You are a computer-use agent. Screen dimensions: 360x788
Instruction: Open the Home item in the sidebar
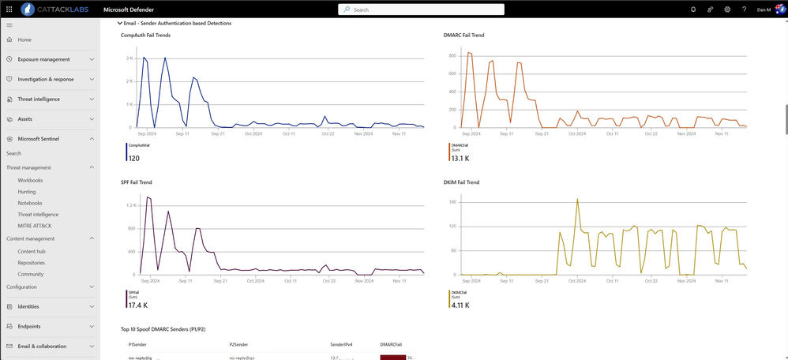24,39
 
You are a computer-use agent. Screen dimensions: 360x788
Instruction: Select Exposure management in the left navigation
43,59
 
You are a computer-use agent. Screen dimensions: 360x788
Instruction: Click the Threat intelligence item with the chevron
39,99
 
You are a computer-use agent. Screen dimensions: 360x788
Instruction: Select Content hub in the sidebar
32,251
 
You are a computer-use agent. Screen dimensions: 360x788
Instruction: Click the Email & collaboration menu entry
42,347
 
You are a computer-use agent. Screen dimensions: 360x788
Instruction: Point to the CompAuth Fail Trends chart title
145,36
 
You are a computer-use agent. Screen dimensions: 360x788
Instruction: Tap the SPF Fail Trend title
137,182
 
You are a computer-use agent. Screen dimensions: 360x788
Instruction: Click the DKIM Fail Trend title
462,182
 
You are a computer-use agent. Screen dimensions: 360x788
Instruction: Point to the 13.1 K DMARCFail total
460,158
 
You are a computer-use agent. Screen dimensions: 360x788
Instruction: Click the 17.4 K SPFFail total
137,305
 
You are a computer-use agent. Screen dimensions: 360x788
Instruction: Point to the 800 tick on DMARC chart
452,56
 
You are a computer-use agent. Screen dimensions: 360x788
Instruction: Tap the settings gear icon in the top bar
727,9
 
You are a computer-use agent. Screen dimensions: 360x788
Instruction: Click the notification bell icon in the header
693,9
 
